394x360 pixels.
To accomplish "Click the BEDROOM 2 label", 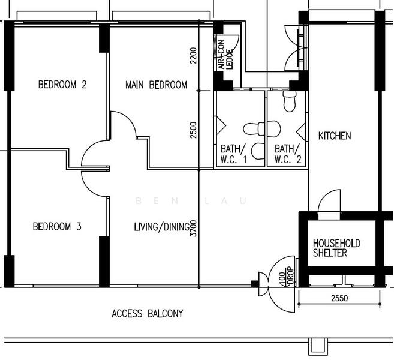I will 62,85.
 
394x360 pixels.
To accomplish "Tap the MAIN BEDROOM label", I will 156,85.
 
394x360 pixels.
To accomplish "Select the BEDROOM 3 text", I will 57,227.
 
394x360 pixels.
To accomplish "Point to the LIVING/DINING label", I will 161,227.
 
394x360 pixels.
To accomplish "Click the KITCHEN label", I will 334,136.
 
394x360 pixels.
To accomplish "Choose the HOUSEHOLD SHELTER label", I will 336,248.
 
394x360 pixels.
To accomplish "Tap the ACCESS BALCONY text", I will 147,313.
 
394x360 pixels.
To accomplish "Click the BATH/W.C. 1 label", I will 232,154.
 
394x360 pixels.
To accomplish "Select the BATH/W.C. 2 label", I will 285,154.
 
